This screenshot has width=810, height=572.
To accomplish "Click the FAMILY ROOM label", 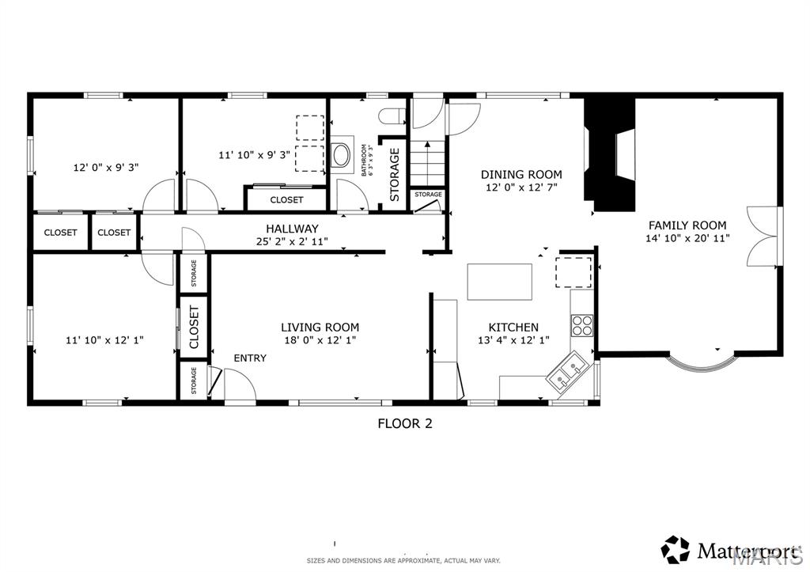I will coord(687,225).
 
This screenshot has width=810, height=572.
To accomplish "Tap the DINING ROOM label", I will coord(522,175).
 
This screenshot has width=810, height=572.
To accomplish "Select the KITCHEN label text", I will coord(513,328).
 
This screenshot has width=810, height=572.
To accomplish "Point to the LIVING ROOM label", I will coord(320,327).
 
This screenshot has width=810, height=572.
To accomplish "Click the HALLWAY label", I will coord(292,229).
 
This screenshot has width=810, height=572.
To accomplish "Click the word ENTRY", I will coord(250,358).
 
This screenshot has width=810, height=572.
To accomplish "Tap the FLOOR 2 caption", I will coord(404,423).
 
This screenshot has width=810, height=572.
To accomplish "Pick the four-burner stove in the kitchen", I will coord(582,325).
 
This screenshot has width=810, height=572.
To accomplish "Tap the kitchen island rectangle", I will coord(499,282).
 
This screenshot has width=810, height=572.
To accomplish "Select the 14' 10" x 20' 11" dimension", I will coord(687,237).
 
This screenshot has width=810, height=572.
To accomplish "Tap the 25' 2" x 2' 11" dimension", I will coord(292,241).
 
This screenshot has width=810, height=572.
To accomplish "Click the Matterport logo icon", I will coord(675,548).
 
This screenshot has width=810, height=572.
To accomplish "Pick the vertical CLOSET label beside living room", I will coord(194,327).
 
